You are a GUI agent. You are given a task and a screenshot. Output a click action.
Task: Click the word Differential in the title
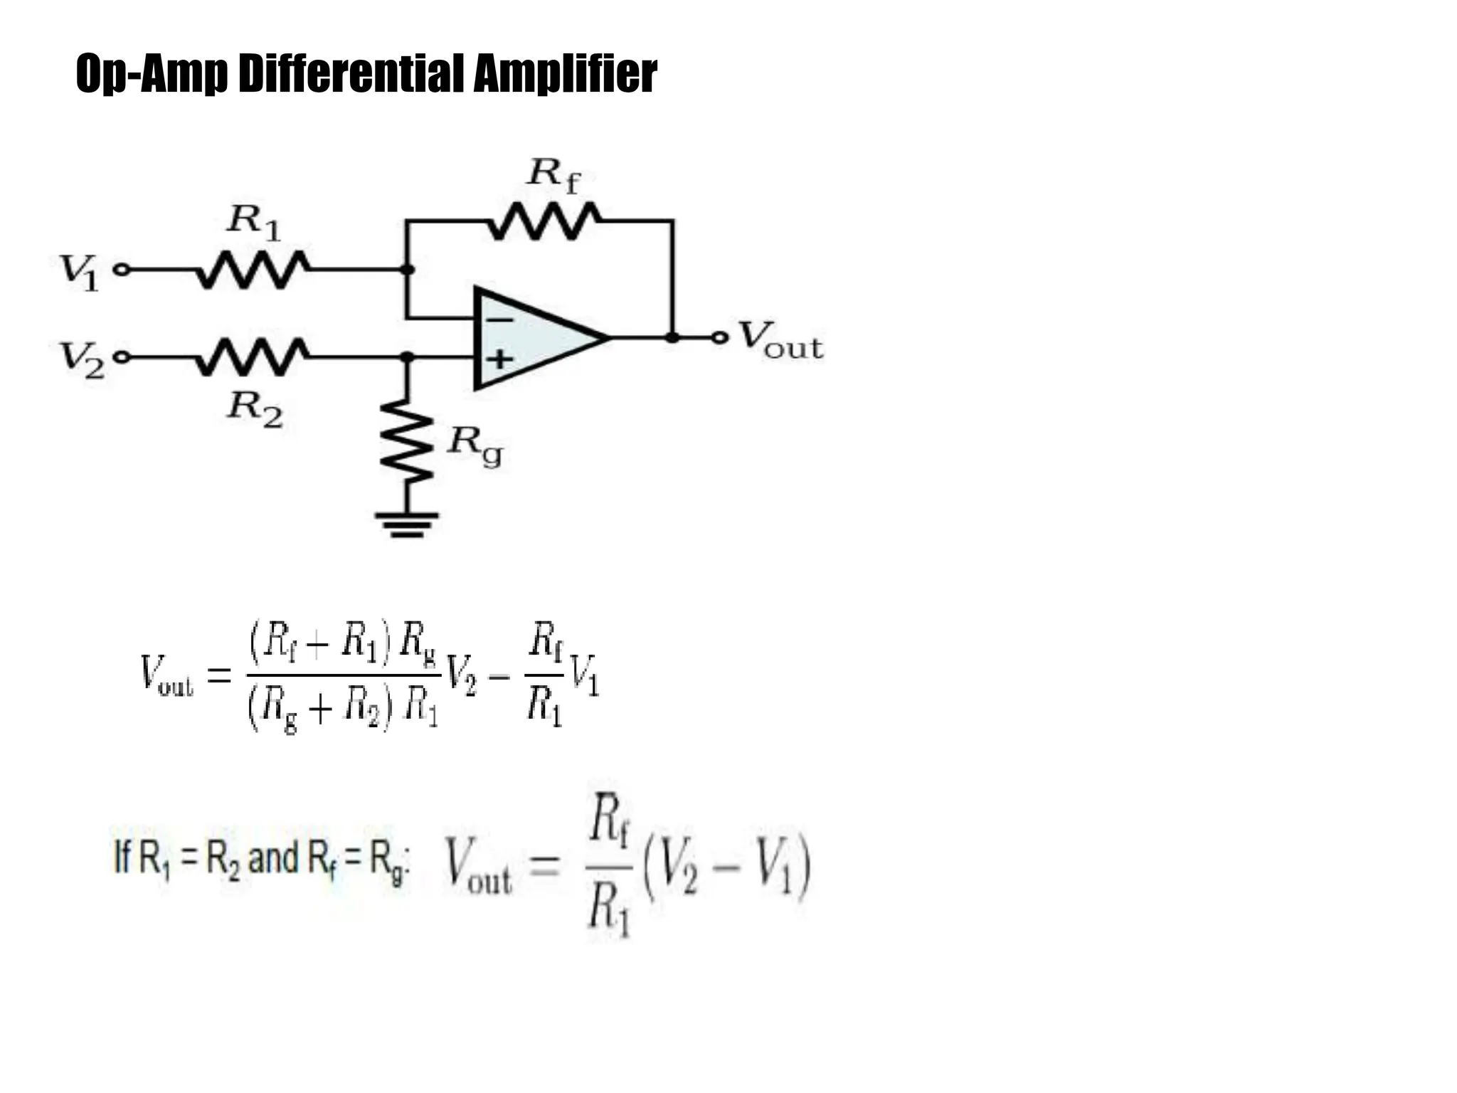click(x=353, y=73)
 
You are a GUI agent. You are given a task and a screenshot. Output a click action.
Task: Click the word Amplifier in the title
click(x=565, y=73)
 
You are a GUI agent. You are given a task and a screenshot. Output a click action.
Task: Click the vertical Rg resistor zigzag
click(x=407, y=441)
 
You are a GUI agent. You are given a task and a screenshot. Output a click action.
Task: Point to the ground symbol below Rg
click(x=407, y=524)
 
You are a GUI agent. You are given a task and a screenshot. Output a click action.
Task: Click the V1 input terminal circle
click(x=122, y=270)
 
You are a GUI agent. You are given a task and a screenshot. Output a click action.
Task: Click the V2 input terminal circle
click(x=122, y=357)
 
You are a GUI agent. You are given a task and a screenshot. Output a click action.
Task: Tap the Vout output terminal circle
click(x=721, y=337)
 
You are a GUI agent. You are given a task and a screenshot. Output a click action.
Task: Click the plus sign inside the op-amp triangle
click(x=499, y=358)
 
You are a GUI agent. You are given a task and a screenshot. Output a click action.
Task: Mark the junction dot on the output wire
click(x=672, y=337)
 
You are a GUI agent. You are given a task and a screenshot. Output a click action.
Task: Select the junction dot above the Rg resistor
click(x=407, y=357)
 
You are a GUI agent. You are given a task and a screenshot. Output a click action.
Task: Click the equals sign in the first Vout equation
click(x=219, y=674)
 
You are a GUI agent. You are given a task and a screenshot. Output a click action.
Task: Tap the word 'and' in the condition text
click(x=273, y=858)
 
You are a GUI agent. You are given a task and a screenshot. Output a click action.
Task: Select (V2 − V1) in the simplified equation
click(x=726, y=867)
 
